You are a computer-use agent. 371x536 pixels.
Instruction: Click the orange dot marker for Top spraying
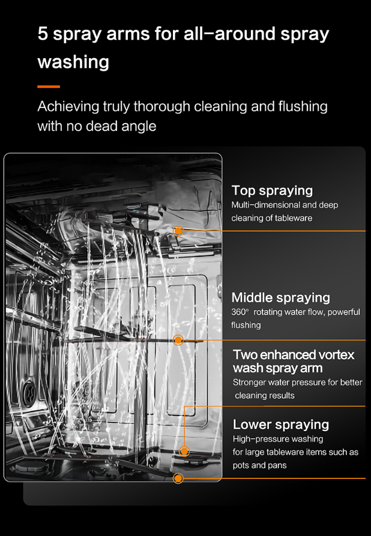click(178, 231)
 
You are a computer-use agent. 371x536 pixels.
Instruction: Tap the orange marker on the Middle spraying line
click(178, 340)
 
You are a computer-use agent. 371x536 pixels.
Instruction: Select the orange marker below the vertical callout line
click(184, 451)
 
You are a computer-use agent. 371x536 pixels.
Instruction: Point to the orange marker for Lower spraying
click(178, 478)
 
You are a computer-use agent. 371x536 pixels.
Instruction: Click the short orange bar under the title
click(49, 87)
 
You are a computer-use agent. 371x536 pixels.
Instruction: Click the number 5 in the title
click(43, 34)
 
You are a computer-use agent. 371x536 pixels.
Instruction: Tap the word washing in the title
click(73, 62)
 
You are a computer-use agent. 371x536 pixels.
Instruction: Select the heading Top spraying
click(272, 191)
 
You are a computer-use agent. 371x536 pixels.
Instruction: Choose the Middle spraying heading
click(280, 298)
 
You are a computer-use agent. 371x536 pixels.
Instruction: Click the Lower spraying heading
click(280, 424)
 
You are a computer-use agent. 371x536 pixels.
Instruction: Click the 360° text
click(240, 312)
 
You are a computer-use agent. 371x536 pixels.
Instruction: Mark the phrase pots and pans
click(260, 466)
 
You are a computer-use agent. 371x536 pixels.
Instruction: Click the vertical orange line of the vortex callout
click(184, 426)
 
